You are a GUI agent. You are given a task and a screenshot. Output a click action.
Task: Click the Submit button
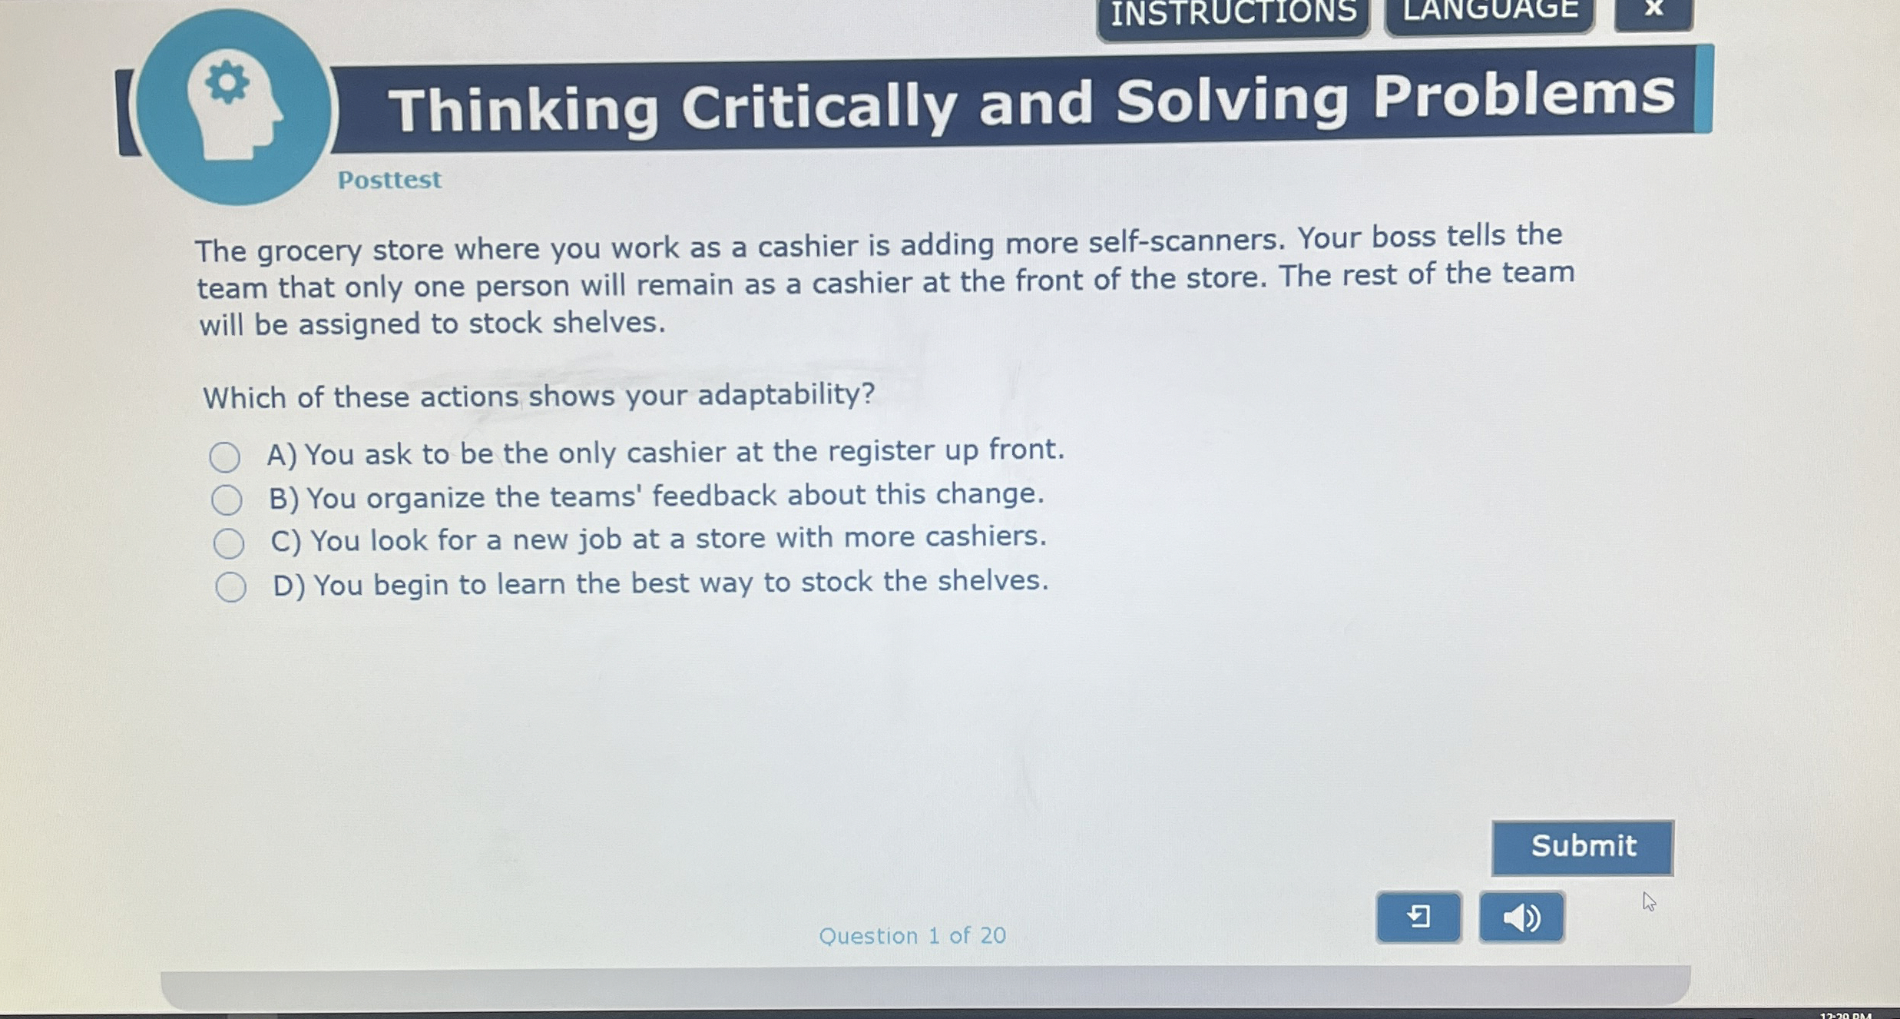pyautogui.click(x=1582, y=847)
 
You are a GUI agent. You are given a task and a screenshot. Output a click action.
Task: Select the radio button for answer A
pyautogui.click(x=224, y=457)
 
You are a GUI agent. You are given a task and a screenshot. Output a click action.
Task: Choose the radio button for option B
pyautogui.click(x=227, y=500)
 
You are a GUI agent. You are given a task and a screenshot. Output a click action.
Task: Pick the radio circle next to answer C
pyautogui.click(x=229, y=543)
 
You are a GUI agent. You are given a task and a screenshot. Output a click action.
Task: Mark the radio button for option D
pyautogui.click(x=230, y=587)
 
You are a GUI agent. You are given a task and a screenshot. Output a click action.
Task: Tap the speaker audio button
pyautogui.click(x=1521, y=917)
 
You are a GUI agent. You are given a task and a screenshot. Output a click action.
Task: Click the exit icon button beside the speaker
pyautogui.click(x=1418, y=917)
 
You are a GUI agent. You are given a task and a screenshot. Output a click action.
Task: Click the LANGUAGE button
pyautogui.click(x=1490, y=12)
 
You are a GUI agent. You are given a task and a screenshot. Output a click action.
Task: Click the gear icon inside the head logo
pyautogui.click(x=227, y=82)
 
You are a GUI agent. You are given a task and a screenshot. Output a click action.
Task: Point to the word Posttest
pyautogui.click(x=389, y=180)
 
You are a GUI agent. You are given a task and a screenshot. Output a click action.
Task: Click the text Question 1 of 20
pyautogui.click(x=912, y=935)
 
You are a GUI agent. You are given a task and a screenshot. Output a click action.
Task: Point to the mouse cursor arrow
pyautogui.click(x=1647, y=901)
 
